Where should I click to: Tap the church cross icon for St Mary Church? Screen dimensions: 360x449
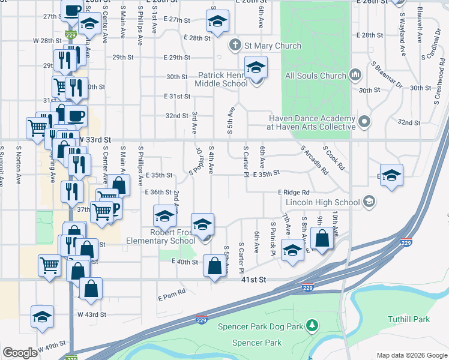pos(235,45)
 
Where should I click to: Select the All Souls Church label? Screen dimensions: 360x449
pos(316,76)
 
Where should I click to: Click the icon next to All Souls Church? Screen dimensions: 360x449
pos(355,76)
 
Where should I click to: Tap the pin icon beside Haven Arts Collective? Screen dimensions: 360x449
pos(364,122)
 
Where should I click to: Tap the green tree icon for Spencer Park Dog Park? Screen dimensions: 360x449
pos(311,326)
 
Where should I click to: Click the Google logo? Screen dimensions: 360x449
pos(20,353)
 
